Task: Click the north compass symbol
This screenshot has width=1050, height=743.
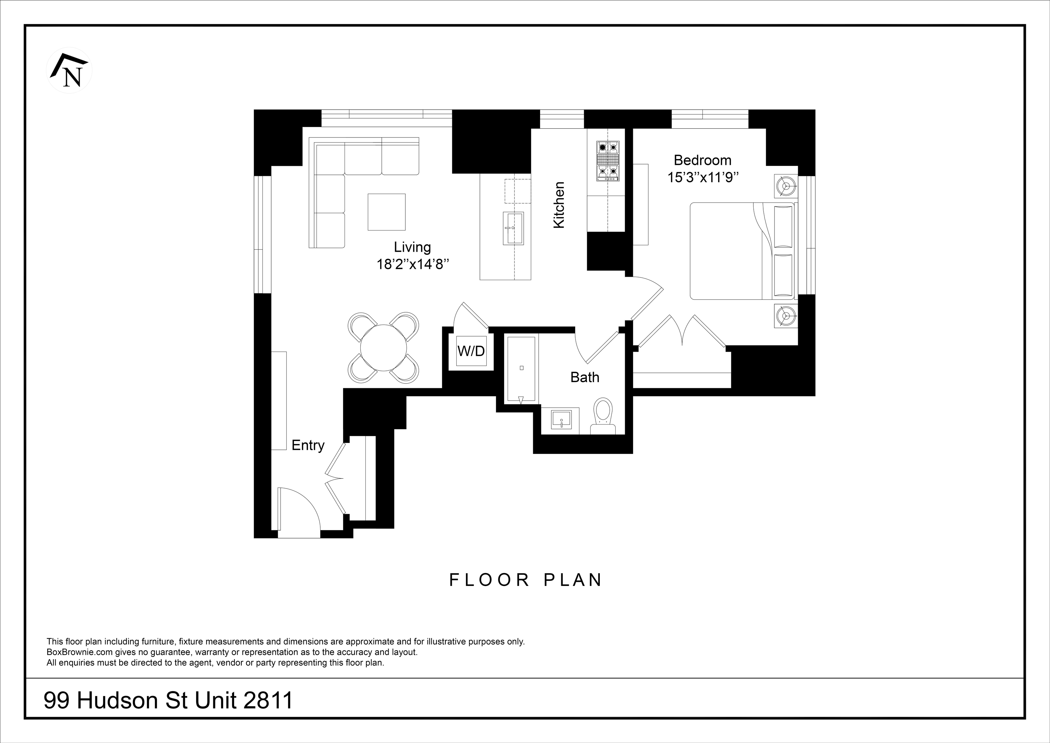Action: click(x=69, y=70)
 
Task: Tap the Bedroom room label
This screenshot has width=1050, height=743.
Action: click(x=702, y=160)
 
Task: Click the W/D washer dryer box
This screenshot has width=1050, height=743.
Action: click(x=471, y=351)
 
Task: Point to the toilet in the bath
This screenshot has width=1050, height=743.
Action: click(x=603, y=416)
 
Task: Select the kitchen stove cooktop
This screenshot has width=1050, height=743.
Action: click(x=607, y=161)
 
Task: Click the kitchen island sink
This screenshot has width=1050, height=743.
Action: click(x=513, y=228)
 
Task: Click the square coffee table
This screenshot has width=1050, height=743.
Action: click(x=387, y=212)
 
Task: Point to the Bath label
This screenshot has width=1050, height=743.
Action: click(x=584, y=377)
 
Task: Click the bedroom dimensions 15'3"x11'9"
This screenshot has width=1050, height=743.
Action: click(x=703, y=178)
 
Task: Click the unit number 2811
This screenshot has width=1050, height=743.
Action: click(x=268, y=701)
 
